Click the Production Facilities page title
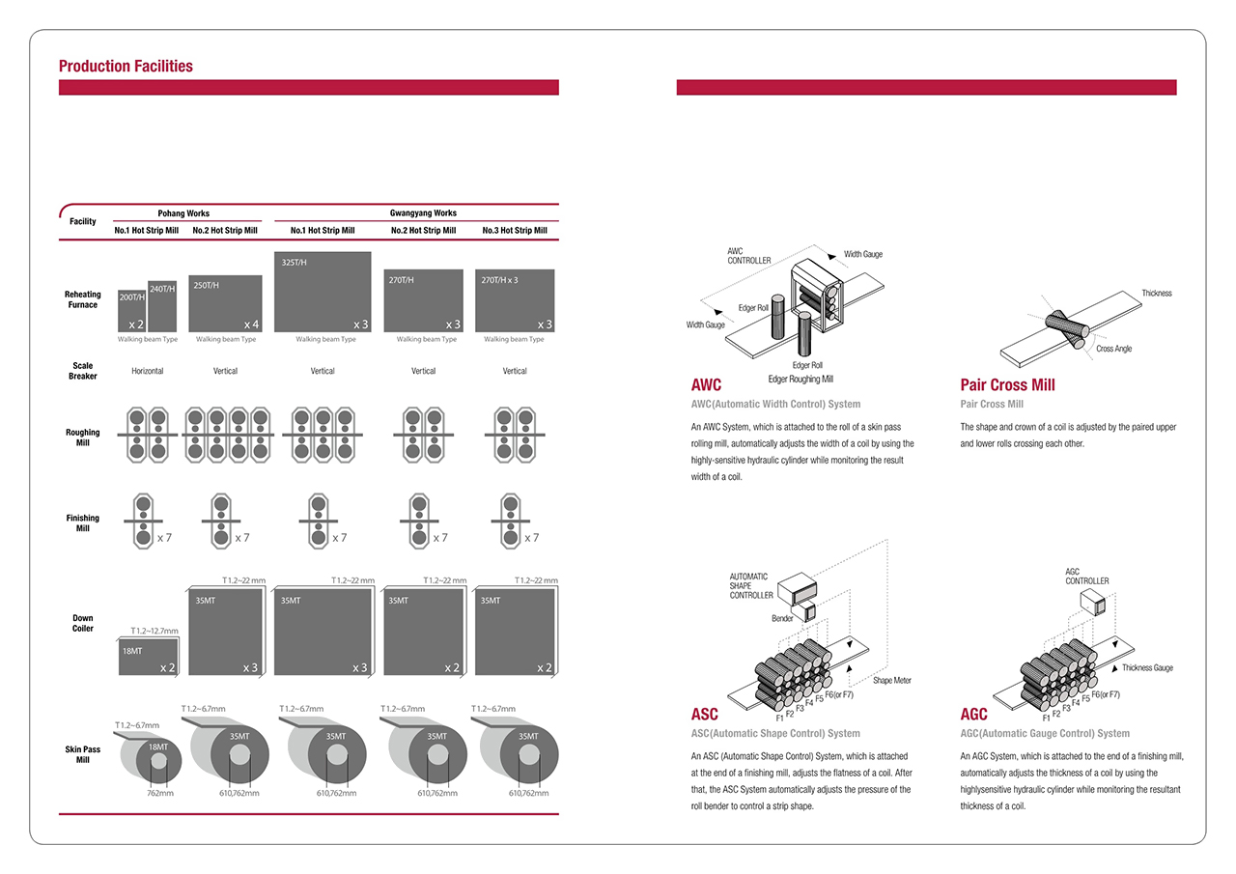(126, 67)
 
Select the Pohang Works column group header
(183, 213)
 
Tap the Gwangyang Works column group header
(416, 213)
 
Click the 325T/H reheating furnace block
(323, 292)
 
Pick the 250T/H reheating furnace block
(225, 304)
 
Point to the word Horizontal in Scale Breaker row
(148, 371)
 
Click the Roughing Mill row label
(83, 437)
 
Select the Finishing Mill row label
(83, 523)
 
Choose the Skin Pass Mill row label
(83, 754)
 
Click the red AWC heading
(706, 384)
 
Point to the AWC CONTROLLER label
(749, 256)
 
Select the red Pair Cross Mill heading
(1007, 384)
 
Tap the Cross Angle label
(1113, 349)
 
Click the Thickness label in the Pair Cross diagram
(1156, 294)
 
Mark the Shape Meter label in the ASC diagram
(891, 681)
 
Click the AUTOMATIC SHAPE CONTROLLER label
(751, 586)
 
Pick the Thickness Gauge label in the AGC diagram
(1147, 668)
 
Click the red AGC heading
(973, 715)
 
